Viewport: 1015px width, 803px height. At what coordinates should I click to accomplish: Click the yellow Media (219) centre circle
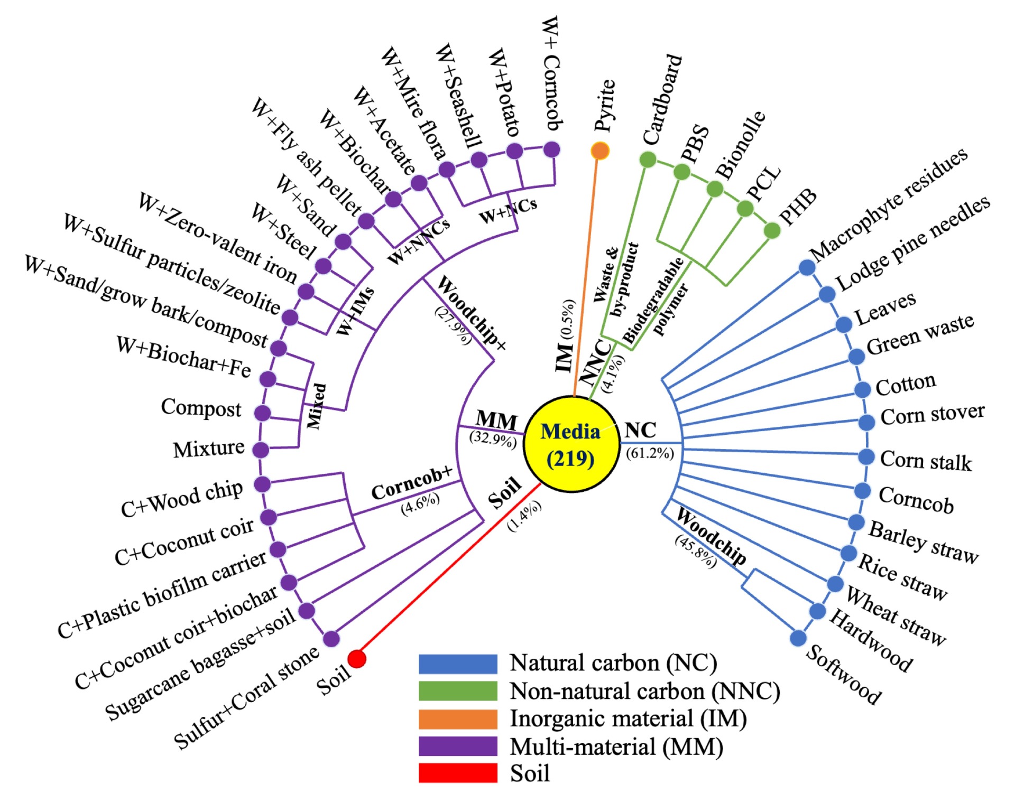(571, 444)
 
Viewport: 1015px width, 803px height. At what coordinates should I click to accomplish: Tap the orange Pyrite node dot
(600, 151)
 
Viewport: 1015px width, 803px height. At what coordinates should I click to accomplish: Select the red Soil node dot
(357, 659)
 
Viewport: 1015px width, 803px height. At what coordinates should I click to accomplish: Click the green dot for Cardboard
(648, 159)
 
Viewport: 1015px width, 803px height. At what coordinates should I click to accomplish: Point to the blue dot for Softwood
(798, 638)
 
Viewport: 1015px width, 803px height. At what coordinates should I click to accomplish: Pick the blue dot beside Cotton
(863, 389)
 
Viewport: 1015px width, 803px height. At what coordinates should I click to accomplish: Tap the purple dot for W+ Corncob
(551, 150)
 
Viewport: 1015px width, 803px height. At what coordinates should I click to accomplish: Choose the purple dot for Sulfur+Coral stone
(331, 639)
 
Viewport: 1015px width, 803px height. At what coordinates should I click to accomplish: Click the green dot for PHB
(772, 230)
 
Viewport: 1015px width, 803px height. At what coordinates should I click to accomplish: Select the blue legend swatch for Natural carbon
(458, 664)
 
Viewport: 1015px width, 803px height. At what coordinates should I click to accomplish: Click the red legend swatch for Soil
(458, 773)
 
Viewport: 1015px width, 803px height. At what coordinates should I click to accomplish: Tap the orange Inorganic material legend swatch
(458, 719)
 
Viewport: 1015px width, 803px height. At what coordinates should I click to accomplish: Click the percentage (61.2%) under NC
(650, 453)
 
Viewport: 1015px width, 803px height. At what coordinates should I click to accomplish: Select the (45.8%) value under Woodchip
(696, 551)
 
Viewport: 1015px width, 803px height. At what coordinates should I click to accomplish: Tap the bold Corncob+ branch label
(412, 483)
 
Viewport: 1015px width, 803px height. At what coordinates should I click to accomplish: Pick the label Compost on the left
(201, 408)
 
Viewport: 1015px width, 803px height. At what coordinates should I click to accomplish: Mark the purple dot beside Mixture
(261, 450)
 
